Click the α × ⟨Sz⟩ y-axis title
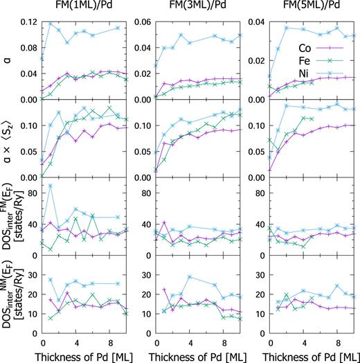tap(7, 139)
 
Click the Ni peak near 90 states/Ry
tap(51, 186)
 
